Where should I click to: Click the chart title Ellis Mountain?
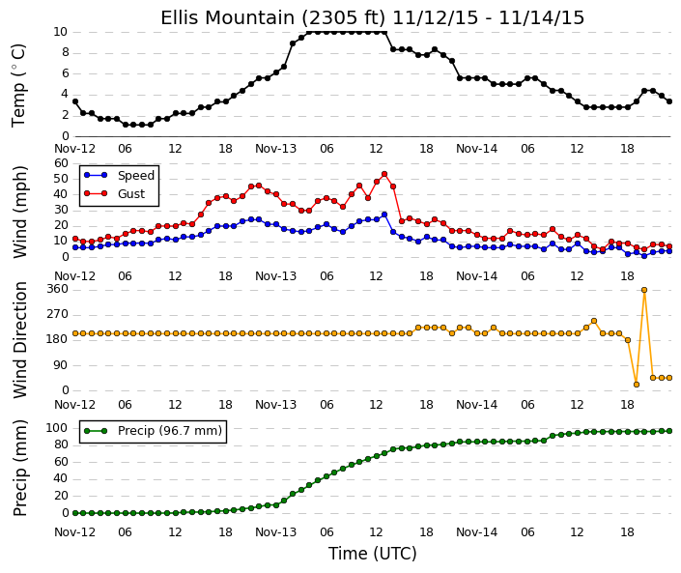[x=228, y=18]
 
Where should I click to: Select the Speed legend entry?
[x=119, y=176]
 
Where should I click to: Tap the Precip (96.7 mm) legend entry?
[x=153, y=431]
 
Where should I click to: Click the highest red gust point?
[x=384, y=174]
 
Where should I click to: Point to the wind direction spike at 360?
[x=644, y=290]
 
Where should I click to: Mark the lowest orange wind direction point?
[x=637, y=385]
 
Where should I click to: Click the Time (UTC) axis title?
[x=372, y=554]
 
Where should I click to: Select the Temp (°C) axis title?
[x=19, y=85]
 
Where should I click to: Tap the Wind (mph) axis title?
[x=20, y=212]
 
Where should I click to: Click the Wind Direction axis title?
[x=20, y=340]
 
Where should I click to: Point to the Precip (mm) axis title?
[x=20, y=469]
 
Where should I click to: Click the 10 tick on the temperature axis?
[x=60, y=32]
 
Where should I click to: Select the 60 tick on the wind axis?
[x=61, y=163]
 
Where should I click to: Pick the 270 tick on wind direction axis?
[x=57, y=314]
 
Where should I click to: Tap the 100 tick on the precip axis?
[x=57, y=428]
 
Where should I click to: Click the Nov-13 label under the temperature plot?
[x=276, y=149]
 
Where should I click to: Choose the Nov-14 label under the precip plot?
[x=476, y=532]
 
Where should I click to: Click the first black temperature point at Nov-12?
[x=75, y=101]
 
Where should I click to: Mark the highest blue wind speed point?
[x=384, y=215]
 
